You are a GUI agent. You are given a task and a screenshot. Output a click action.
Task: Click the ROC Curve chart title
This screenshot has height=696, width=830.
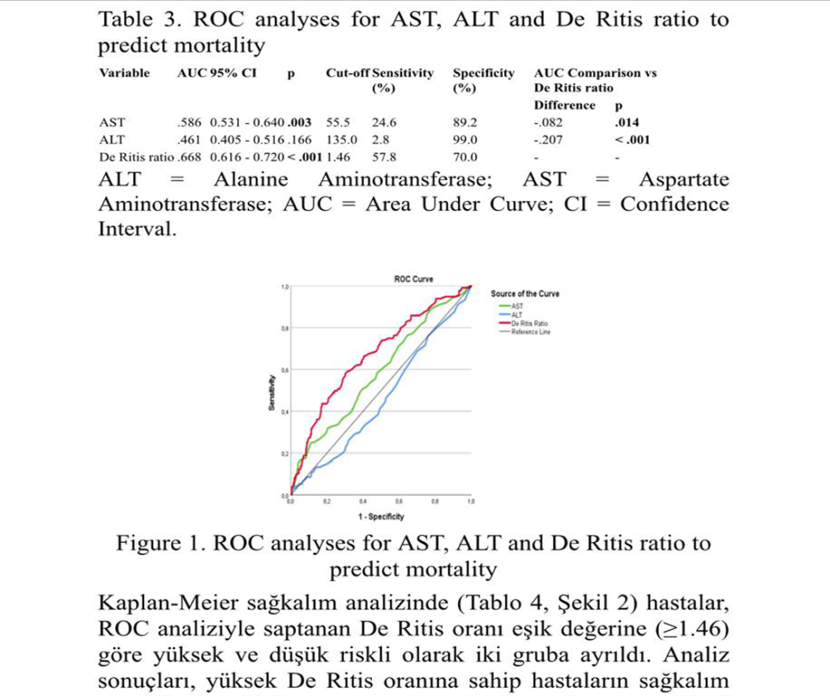[413, 279]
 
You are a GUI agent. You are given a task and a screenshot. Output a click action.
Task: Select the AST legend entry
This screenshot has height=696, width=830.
[516, 305]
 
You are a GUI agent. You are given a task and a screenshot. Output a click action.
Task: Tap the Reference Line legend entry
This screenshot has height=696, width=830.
[530, 332]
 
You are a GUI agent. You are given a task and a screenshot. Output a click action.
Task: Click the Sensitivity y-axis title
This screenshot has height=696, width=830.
[272, 393]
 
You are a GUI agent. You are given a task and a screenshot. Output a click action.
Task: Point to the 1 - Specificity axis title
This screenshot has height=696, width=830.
[381, 516]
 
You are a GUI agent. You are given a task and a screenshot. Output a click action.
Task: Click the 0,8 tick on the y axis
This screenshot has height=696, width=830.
[285, 329]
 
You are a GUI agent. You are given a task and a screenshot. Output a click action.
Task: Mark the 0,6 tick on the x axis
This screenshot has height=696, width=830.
[398, 502]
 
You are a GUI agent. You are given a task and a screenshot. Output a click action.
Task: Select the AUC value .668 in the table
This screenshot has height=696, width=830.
[189, 157]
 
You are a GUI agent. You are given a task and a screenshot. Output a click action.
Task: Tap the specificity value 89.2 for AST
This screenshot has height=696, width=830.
[465, 123]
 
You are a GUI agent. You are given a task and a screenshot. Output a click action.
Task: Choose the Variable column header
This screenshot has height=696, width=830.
[124, 73]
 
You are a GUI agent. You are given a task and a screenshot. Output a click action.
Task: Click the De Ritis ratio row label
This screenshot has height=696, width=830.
[135, 157]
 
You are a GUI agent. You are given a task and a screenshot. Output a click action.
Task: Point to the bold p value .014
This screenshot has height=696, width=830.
[627, 123]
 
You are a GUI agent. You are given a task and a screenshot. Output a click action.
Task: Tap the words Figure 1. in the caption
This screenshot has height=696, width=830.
[161, 543]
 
